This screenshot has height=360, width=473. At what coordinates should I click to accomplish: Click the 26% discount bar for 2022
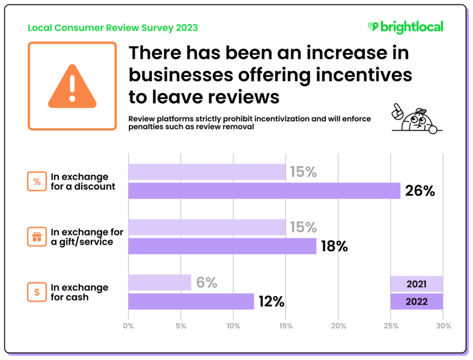(x=264, y=191)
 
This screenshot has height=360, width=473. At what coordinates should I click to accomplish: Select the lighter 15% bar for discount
(x=207, y=172)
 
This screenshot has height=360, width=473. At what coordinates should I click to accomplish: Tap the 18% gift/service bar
(x=222, y=246)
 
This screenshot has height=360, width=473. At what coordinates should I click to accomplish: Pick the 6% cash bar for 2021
(x=159, y=283)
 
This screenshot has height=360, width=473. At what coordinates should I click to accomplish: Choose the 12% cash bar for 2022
(x=191, y=301)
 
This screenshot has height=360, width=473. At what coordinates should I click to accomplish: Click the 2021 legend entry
(x=416, y=284)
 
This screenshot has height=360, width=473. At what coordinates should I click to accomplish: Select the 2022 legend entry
(x=416, y=302)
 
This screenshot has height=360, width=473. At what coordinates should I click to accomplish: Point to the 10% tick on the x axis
(x=233, y=326)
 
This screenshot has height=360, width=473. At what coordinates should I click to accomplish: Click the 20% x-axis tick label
(x=338, y=326)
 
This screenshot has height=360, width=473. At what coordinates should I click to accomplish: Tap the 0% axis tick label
(x=128, y=326)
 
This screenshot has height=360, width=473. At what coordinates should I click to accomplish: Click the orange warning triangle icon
(x=72, y=86)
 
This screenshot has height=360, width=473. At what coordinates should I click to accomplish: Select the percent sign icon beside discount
(x=37, y=181)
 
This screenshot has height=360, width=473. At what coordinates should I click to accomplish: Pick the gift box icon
(x=37, y=237)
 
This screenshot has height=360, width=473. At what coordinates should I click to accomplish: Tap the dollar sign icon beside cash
(x=37, y=292)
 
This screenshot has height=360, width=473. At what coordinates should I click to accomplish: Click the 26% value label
(x=420, y=191)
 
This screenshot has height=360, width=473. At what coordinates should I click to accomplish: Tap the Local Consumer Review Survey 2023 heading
(x=112, y=27)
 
